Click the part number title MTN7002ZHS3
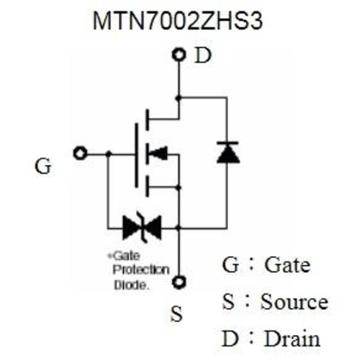click(x=178, y=21)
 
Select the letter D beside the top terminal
click(x=203, y=55)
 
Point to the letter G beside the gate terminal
click(x=43, y=166)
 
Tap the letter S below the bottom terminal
click(x=177, y=314)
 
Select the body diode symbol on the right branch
click(x=228, y=152)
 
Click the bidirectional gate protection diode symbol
click(x=142, y=227)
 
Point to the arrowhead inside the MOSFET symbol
click(x=158, y=153)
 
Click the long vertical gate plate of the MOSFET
click(x=137, y=155)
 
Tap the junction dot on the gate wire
click(x=108, y=154)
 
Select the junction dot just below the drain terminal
click(x=178, y=98)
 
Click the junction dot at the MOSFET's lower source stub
click(x=178, y=188)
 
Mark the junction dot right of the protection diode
click(x=178, y=228)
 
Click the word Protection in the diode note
click(x=141, y=270)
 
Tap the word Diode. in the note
click(x=131, y=285)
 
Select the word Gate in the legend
click(x=287, y=265)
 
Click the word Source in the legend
click(x=294, y=302)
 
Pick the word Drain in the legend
click(x=292, y=338)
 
